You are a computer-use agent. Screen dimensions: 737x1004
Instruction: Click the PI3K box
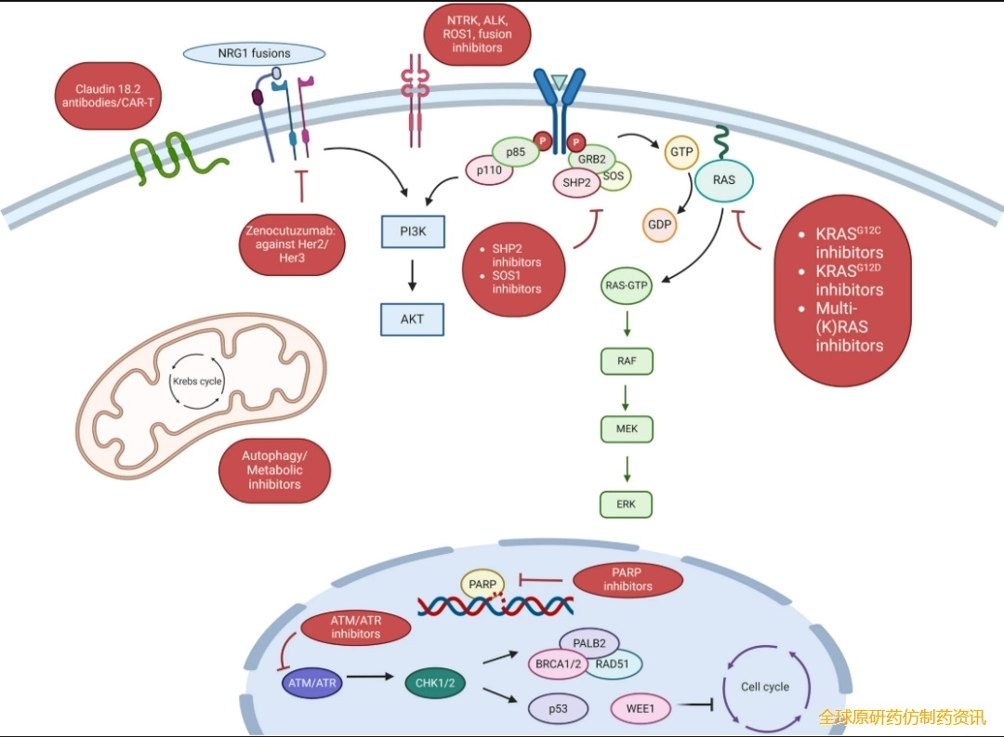click(x=414, y=230)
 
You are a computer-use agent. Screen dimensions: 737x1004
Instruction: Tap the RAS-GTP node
click(x=627, y=286)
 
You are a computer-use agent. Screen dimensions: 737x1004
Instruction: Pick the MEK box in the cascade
click(x=627, y=429)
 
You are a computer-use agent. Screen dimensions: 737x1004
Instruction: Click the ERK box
click(x=627, y=504)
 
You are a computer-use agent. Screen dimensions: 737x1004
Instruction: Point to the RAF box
click(x=627, y=360)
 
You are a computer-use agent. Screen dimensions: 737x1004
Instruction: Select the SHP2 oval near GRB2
click(x=576, y=183)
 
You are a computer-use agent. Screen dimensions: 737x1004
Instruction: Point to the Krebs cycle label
click(x=196, y=381)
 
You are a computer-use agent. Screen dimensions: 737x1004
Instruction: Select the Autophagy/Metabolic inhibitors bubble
click(x=274, y=470)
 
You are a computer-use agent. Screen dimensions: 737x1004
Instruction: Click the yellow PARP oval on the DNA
click(x=482, y=584)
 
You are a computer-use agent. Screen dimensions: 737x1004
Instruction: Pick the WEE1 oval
click(x=640, y=709)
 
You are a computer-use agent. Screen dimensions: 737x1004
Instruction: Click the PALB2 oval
click(x=589, y=642)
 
